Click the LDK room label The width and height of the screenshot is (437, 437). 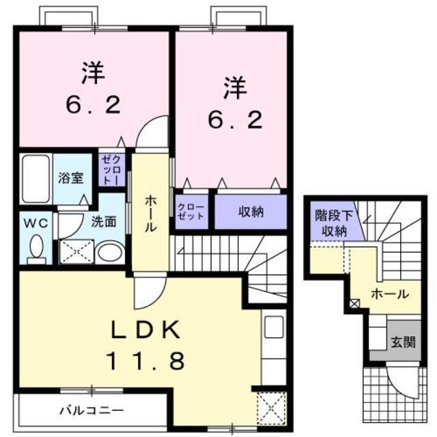pos(145,330)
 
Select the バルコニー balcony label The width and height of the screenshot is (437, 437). pos(91,410)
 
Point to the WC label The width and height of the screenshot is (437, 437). pos(36,223)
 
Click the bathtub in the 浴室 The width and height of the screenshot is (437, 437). pos(36,179)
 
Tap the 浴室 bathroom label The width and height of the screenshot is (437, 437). pos(71,178)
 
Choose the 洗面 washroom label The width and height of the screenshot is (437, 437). pos(104,222)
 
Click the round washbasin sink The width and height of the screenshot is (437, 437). pos(110,253)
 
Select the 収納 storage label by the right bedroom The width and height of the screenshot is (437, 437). pos(251,212)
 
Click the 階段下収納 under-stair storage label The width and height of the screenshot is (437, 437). pos(334,223)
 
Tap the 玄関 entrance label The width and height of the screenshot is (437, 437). pos(404,342)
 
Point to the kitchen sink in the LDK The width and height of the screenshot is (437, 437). pos(274,326)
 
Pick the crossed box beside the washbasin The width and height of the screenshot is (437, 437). pos(76,252)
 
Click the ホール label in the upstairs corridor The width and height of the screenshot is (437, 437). pos(150,213)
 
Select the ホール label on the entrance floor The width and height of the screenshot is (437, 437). pos(390,294)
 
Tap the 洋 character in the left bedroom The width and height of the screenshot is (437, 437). pos(94,73)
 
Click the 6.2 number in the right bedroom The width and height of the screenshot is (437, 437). pos(236,119)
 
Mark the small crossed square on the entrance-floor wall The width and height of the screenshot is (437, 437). pos(354,303)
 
